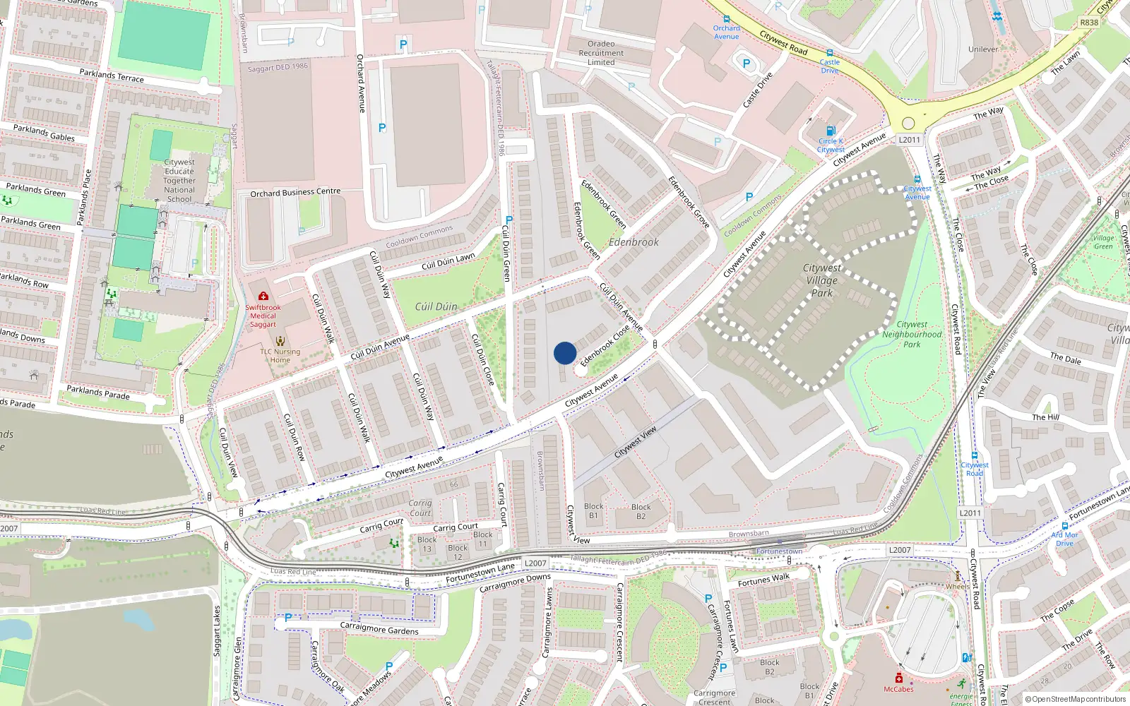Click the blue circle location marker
click(565, 353)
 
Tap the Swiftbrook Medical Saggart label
click(263, 316)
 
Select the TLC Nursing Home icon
click(280, 342)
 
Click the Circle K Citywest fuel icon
click(831, 131)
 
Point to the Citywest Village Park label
click(822, 280)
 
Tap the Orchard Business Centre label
click(295, 192)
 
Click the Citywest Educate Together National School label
click(179, 181)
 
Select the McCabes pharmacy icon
click(898, 678)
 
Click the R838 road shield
click(1089, 23)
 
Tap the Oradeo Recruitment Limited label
click(601, 53)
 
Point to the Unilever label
click(983, 49)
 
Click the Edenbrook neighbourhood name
click(634, 242)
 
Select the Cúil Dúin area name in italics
click(436, 306)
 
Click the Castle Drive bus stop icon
click(830, 53)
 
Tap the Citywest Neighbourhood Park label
click(912, 335)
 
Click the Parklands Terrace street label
click(112, 76)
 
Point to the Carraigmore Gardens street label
click(379, 628)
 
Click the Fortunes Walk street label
click(763, 580)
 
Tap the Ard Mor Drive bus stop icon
click(1064, 526)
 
